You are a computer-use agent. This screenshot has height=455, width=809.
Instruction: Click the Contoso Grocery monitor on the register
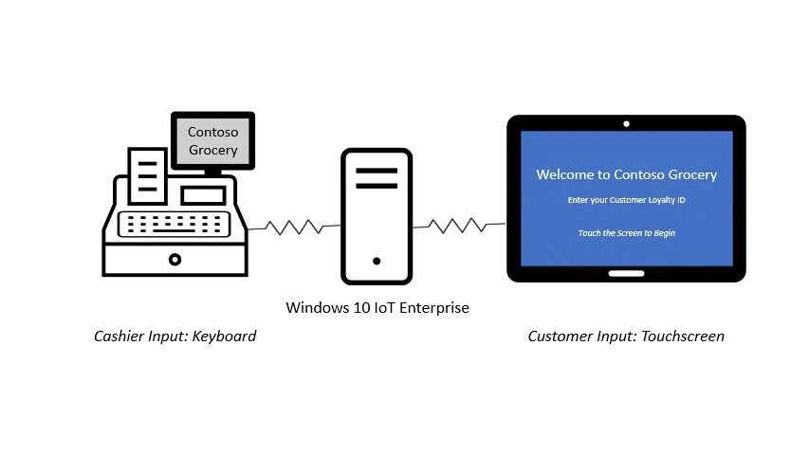[212, 141]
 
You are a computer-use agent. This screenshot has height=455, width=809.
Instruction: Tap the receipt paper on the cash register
[146, 174]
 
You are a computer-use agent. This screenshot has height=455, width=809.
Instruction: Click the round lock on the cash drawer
[175, 259]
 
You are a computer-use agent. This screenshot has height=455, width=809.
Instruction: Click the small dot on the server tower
[377, 261]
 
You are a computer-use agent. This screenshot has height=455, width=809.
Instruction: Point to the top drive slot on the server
[377, 172]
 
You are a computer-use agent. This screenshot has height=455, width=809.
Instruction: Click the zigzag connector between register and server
[293, 227]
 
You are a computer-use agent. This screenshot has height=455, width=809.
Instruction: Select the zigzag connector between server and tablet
[457, 225]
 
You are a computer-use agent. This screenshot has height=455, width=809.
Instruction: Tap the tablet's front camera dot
[626, 124]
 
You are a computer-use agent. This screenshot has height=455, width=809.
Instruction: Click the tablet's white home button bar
[626, 274]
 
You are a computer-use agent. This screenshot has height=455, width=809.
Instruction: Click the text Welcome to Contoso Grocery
[626, 174]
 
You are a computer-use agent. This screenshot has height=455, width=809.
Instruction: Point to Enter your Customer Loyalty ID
[626, 200]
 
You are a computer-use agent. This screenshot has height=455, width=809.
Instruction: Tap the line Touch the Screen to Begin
[626, 232]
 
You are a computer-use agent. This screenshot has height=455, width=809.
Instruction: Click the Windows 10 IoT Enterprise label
[377, 308]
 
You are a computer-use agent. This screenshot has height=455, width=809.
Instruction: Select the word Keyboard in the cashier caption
[224, 337]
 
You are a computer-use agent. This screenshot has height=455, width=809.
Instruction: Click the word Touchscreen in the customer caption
[683, 337]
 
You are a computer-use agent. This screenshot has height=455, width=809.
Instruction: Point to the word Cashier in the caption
[119, 337]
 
